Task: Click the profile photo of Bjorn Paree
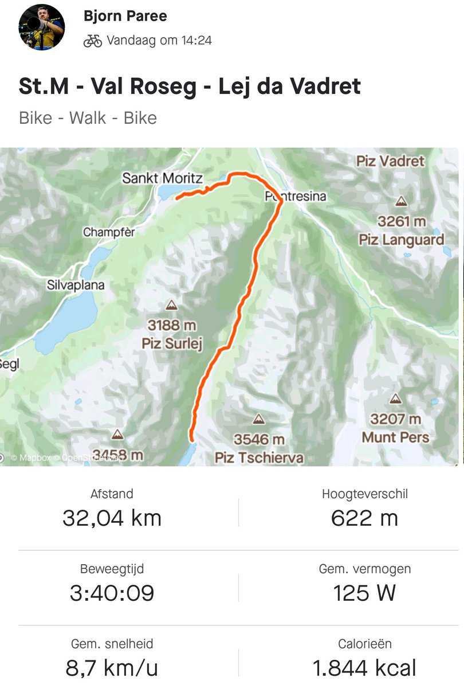(42, 27)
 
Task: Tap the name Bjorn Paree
(125, 16)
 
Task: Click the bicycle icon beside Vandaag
(92, 41)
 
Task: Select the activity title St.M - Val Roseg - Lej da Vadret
(190, 87)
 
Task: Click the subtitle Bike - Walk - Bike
(88, 118)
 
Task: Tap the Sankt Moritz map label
(163, 178)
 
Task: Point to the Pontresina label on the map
(296, 197)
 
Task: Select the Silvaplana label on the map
(76, 285)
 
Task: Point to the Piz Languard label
(402, 239)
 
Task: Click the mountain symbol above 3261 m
(401, 201)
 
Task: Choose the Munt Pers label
(395, 437)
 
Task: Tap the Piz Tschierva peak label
(259, 458)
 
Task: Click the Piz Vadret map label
(390, 161)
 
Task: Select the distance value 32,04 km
(112, 518)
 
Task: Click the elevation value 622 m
(364, 518)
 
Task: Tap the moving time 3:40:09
(112, 593)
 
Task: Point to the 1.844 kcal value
(364, 668)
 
